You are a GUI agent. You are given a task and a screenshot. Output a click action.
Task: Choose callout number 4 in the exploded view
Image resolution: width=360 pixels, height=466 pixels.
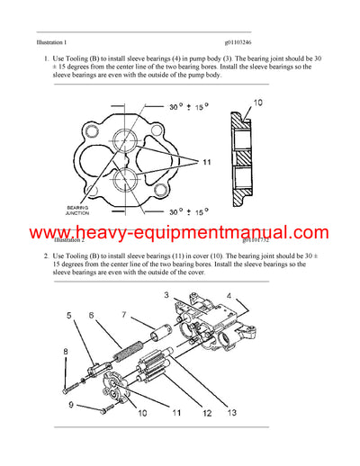tap(229, 296)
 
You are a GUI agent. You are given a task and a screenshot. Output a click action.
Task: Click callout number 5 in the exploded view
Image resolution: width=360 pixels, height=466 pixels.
tap(70, 315)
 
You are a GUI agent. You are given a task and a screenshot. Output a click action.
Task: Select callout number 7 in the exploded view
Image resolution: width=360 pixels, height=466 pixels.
tap(125, 315)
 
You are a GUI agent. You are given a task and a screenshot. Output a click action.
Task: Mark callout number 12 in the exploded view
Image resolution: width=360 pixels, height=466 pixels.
tap(208, 414)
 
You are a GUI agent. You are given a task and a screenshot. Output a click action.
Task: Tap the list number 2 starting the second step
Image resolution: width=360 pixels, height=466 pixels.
tap(46, 256)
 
